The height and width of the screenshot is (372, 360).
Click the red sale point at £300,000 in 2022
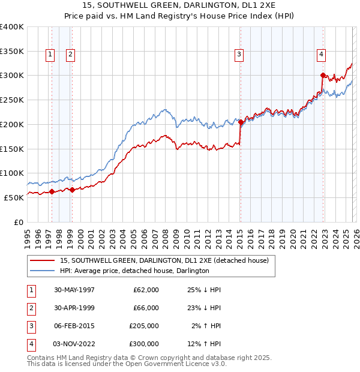click(x=323, y=76)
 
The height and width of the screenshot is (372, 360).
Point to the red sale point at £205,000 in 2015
click(x=241, y=122)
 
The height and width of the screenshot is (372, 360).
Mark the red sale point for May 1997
click(x=52, y=192)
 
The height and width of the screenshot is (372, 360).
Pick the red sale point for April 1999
click(x=72, y=190)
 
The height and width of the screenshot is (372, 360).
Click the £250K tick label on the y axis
click(x=12, y=100)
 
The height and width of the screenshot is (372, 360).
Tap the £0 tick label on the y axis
click(x=18, y=222)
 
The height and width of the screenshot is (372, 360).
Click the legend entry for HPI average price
click(x=134, y=271)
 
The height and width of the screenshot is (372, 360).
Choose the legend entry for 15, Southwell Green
click(x=167, y=260)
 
